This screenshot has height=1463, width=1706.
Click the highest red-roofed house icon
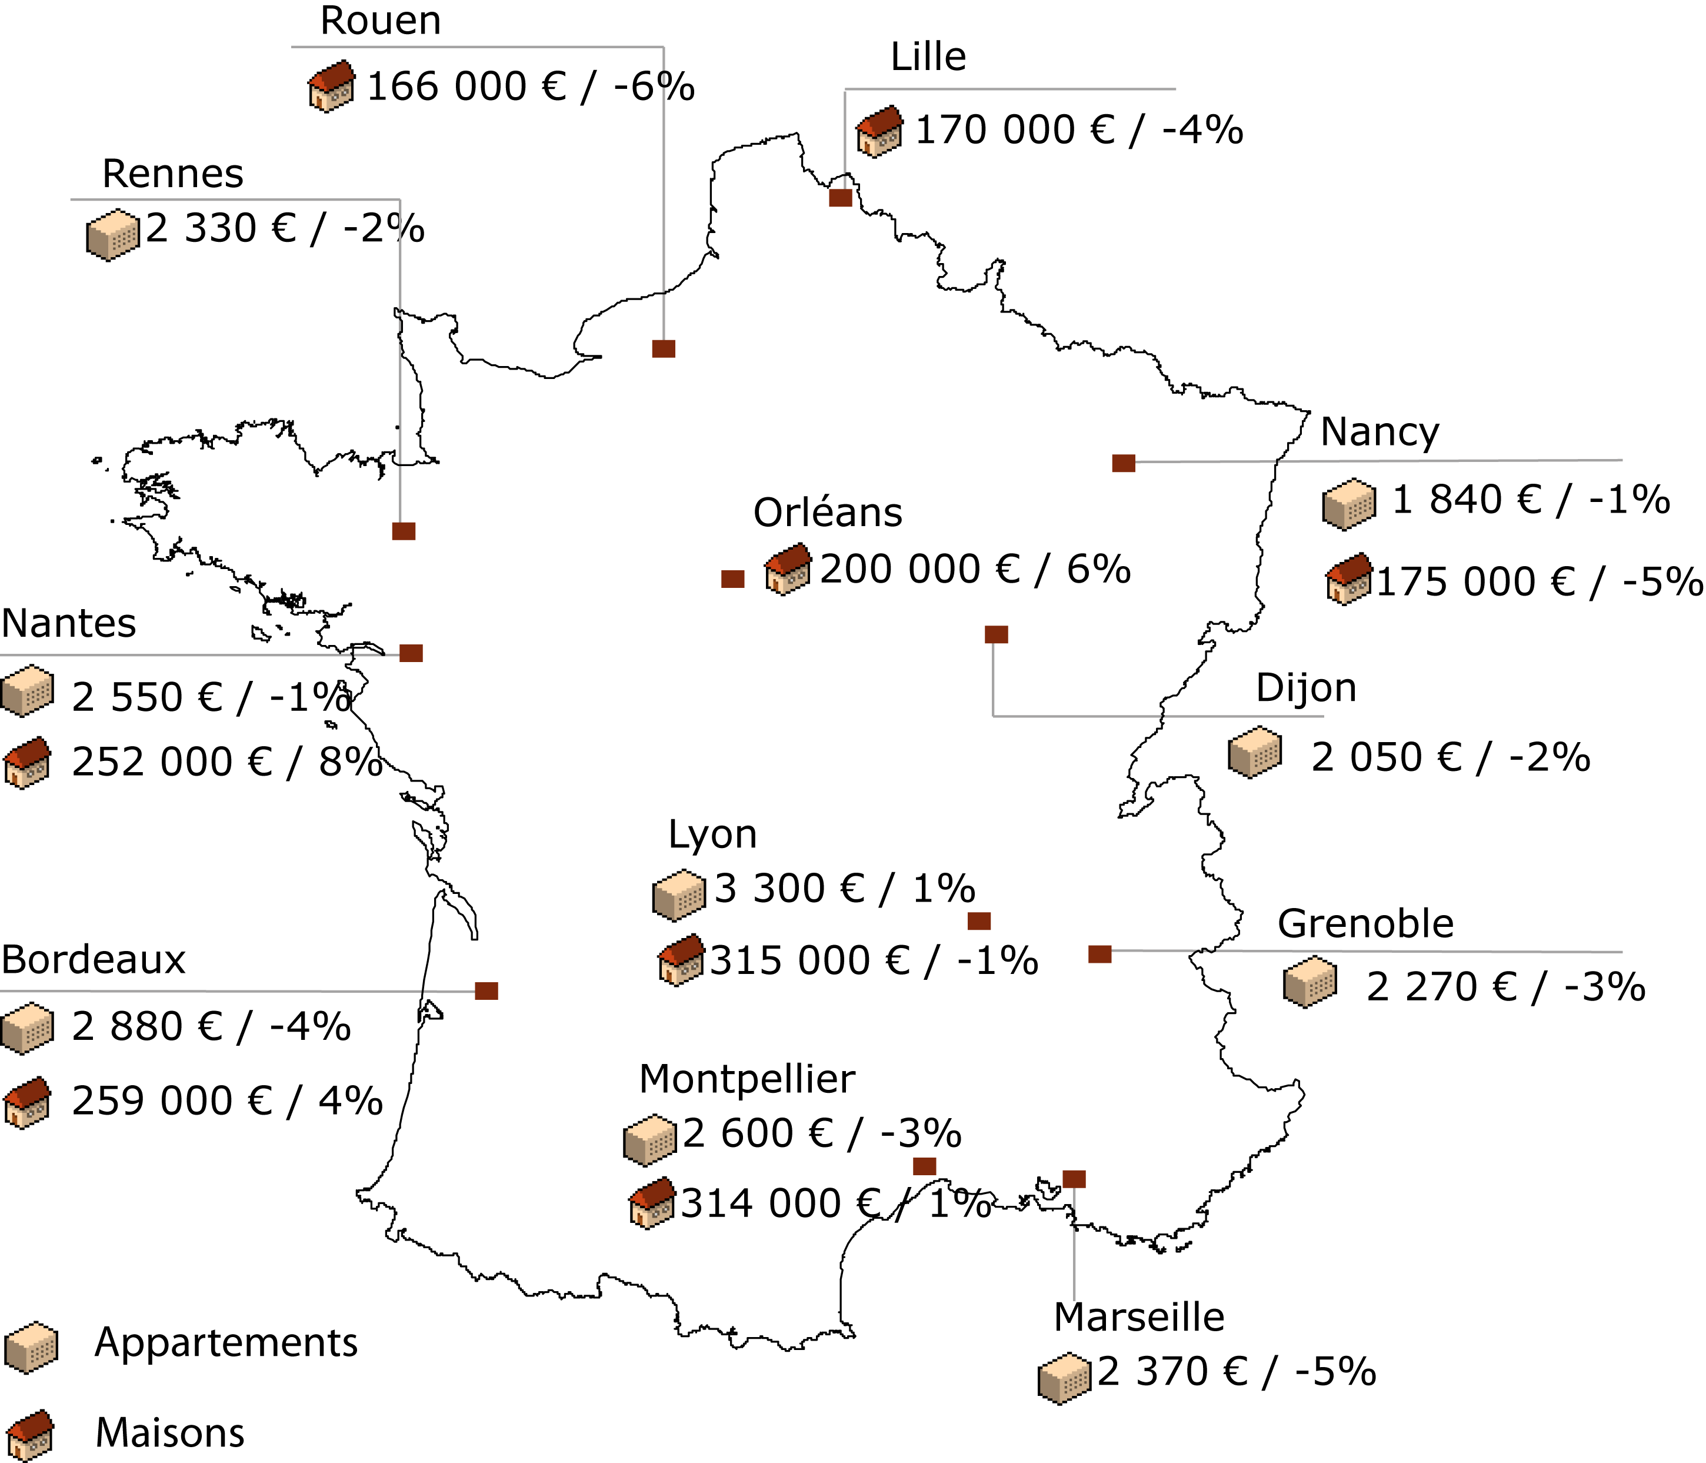point(331,86)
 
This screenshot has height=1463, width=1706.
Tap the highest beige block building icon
point(113,234)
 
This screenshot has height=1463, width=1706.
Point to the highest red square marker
point(840,198)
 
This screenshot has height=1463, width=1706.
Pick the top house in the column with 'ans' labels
point(878,131)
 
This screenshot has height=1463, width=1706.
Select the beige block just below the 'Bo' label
point(26,1026)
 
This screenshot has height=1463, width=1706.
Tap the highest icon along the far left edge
point(26,690)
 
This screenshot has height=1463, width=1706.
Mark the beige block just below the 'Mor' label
point(651,1140)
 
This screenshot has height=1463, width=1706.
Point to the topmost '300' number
point(787,888)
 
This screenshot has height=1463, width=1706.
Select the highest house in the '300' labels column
point(787,568)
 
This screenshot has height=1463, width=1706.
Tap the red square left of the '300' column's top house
point(733,579)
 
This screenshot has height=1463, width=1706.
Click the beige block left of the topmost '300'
point(679,895)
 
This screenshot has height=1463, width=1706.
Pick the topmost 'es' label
point(114,624)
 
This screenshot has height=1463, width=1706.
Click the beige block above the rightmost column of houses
point(1349,503)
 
